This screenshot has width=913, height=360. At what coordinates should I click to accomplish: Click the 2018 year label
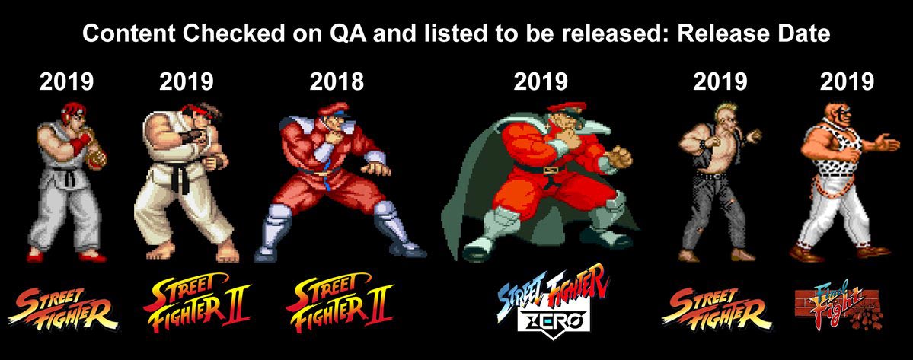[x=337, y=81]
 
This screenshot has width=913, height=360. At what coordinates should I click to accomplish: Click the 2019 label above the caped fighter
[x=541, y=81]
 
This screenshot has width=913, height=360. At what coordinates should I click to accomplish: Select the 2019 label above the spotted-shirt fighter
[x=847, y=81]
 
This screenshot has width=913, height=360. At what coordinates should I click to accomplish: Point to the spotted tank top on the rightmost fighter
[x=837, y=157]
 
